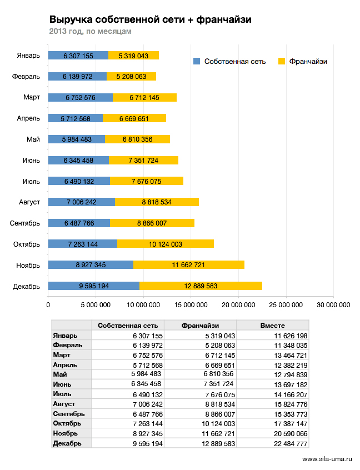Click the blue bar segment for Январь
(78, 56)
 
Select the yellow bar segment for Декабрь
(201, 286)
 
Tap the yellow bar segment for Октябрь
(166, 244)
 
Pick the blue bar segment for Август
(82, 202)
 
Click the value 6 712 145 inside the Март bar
(144, 97)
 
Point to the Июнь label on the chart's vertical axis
(31, 161)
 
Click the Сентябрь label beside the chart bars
(24, 223)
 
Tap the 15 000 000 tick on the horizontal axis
(191, 305)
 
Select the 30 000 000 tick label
(333, 305)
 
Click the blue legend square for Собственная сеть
(197, 62)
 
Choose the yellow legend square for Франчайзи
(282, 62)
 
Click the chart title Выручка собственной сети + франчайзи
(150, 19)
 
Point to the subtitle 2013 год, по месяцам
(90, 31)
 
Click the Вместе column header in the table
(272, 326)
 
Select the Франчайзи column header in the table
(200, 326)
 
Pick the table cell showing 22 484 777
(291, 444)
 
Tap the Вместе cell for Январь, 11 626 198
(291, 336)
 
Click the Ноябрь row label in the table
(66, 433)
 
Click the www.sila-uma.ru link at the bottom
(327, 459)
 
